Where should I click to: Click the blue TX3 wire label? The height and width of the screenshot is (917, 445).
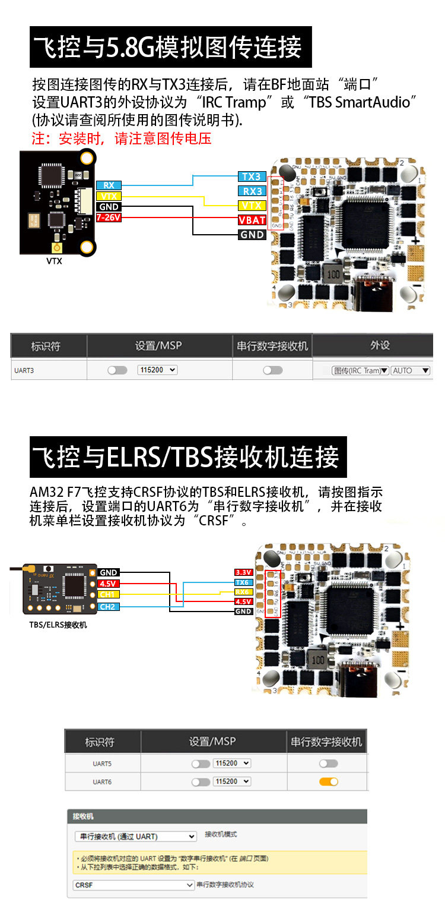pyautogui.click(x=252, y=177)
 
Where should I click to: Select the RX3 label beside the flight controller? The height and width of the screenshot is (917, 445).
pyautogui.click(x=252, y=191)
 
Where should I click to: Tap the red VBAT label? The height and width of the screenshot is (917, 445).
pyautogui.click(x=252, y=220)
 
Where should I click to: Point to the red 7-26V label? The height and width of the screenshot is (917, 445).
pyautogui.click(x=109, y=218)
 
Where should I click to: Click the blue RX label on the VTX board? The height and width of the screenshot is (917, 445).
pyautogui.click(x=109, y=185)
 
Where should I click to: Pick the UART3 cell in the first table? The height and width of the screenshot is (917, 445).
pyautogui.click(x=24, y=370)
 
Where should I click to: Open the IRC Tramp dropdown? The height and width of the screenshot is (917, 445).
pyautogui.click(x=360, y=370)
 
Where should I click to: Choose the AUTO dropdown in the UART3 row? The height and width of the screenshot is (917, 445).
pyautogui.click(x=410, y=370)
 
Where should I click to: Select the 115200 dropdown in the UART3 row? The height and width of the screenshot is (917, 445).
pyautogui.click(x=157, y=370)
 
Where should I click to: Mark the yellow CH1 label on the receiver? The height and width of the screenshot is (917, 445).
pyautogui.click(x=109, y=594)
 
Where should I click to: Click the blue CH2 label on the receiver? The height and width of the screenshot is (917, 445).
pyautogui.click(x=109, y=607)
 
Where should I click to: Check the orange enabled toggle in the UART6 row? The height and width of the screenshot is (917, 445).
pyautogui.click(x=328, y=782)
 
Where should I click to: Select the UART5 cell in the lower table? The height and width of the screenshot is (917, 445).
pyautogui.click(x=102, y=764)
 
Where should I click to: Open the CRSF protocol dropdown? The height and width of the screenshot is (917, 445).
pyautogui.click(x=133, y=885)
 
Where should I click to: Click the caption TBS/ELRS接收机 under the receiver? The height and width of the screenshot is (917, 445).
pyautogui.click(x=58, y=625)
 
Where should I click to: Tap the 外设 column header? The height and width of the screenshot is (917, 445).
pyautogui.click(x=380, y=345)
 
